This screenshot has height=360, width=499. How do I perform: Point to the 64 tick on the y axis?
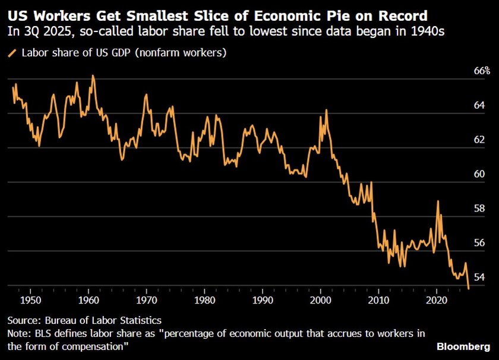[480, 105]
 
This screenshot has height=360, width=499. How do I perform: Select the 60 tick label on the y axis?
[480, 174]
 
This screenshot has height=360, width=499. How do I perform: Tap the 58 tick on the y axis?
[480, 209]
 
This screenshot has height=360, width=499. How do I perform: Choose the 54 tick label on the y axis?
[480, 277]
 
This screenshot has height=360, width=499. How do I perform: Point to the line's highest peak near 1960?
[93, 76]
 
